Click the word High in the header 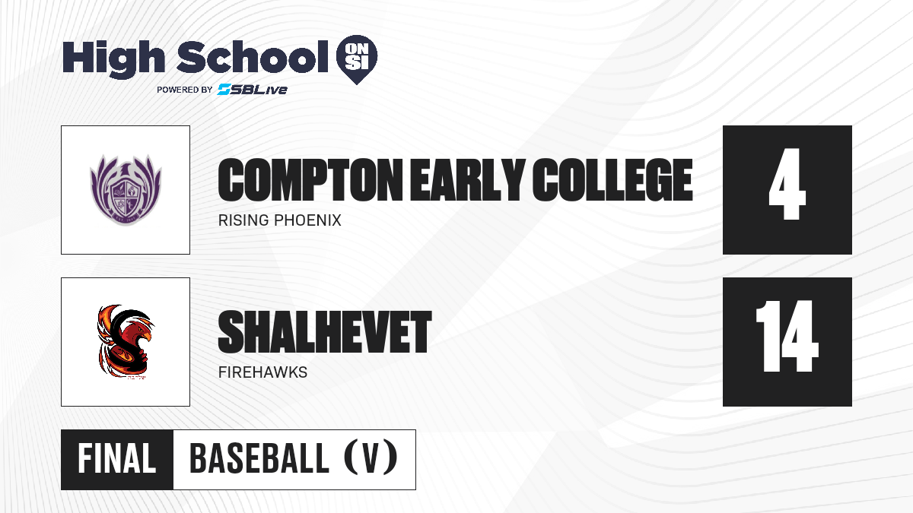[x=113, y=59]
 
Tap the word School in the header [x=253, y=56]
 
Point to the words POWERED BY [x=185, y=90]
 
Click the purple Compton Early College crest [x=126, y=190]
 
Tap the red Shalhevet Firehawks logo [x=125, y=341]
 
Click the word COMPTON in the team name [x=310, y=179]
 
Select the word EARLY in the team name [x=467, y=179]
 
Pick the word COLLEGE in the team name [x=612, y=179]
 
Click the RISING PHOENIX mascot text [x=280, y=220]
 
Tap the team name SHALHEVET [x=324, y=332]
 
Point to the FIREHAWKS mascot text [x=263, y=372]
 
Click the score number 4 [x=787, y=184]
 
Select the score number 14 [x=787, y=336]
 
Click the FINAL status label [x=117, y=459]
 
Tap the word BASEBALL [x=259, y=459]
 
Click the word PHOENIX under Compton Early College [x=307, y=220]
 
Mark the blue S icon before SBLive [x=224, y=90]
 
